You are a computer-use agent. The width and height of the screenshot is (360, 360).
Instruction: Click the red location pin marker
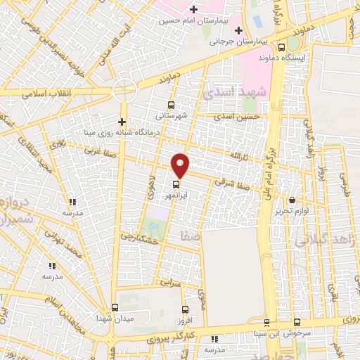point(181,165)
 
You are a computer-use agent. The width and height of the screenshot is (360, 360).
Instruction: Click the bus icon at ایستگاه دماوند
point(282,48)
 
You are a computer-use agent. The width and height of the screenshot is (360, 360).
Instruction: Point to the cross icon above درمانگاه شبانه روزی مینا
point(122,121)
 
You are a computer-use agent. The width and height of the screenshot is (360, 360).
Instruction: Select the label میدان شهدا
point(115,319)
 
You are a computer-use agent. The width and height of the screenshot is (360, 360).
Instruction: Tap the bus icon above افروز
point(186,309)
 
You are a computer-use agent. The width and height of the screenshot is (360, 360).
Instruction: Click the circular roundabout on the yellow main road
point(124,90)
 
